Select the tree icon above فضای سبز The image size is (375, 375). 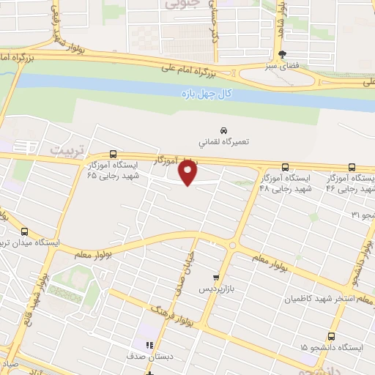point(282,54)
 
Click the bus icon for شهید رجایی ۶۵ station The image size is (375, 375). point(112,154)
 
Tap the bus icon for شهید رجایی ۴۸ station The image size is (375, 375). point(286,167)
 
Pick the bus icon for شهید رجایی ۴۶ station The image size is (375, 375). point(352,167)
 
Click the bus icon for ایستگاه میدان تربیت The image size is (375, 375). point(24,231)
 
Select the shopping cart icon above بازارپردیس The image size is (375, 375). point(215,278)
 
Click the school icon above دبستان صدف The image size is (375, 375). point(149,345)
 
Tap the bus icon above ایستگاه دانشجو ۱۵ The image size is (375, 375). point(332,336)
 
